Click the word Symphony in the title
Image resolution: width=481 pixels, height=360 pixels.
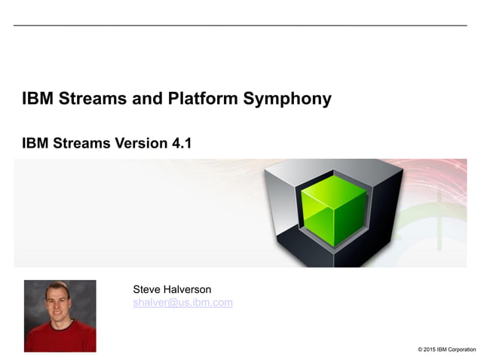(293, 99)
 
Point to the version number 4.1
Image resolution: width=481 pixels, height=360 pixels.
(181, 142)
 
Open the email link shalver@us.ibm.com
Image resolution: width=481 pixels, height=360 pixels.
(182, 303)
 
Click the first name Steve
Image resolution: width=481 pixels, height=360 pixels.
(147, 289)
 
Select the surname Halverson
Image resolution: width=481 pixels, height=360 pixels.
(193, 289)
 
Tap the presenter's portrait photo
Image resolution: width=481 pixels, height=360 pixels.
(60, 316)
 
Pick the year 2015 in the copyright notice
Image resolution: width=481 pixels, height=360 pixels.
(430, 349)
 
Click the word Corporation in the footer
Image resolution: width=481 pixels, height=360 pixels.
(461, 349)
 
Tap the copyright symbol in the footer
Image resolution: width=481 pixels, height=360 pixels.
(419, 349)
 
